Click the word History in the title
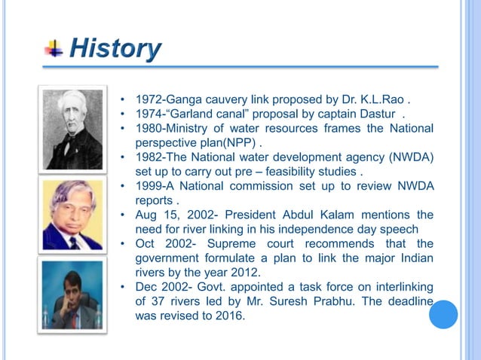[115, 50]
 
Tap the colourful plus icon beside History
[54, 50]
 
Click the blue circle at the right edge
[443, 314]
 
